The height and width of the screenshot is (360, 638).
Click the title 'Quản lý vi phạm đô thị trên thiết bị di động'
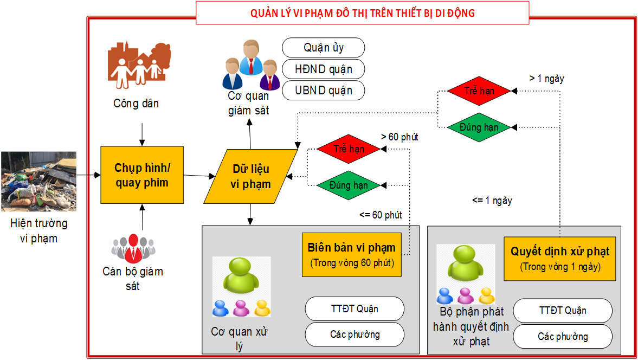[362, 13]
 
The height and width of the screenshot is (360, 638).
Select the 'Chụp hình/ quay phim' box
[142, 175]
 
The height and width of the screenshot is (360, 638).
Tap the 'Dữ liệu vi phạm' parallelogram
[251, 176]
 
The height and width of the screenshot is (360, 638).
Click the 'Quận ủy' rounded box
[323, 48]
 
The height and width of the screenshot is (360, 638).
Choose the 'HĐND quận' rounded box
[323, 69]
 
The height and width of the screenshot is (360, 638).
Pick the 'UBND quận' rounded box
[323, 90]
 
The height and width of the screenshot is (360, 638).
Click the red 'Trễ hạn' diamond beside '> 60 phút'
[349, 149]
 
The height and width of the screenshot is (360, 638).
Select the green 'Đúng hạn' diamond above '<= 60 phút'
[349, 185]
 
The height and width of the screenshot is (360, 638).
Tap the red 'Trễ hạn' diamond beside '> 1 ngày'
[479, 91]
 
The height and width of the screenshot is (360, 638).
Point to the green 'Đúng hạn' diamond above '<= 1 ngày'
[479, 127]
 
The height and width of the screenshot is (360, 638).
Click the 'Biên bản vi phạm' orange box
[352, 254]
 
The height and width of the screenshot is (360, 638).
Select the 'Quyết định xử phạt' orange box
[560, 258]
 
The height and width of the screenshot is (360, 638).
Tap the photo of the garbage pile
[38, 181]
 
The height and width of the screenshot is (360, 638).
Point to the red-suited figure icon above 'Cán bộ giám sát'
[133, 248]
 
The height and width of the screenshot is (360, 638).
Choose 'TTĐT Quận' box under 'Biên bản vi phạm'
[355, 309]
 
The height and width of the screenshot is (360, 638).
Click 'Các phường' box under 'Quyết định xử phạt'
[563, 337]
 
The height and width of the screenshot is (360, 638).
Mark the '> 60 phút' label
[399, 137]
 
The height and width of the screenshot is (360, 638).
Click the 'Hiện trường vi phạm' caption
[38, 230]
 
